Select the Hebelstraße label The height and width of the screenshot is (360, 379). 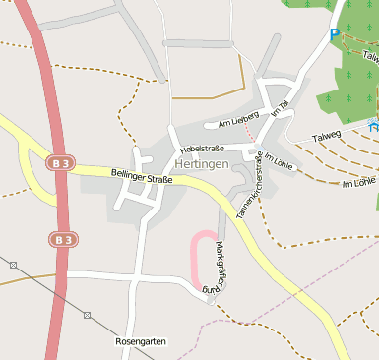click(202, 148)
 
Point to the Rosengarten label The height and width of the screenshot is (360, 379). click(140, 341)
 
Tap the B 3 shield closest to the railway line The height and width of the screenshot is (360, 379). click(62, 239)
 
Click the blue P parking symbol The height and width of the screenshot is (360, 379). click(335, 35)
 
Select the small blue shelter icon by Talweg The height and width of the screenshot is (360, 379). click(371, 125)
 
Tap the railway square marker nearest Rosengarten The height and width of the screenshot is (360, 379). click(87, 315)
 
